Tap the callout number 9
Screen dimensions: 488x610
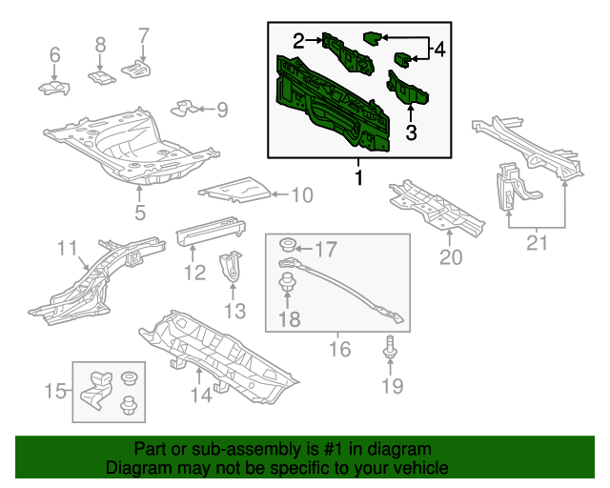pyautogui.click(x=222, y=110)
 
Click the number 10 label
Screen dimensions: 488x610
pyautogui.click(x=300, y=196)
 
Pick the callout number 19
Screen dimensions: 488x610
pyautogui.click(x=392, y=385)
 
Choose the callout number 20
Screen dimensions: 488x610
pyautogui.click(x=450, y=257)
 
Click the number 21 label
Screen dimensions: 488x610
pyautogui.click(x=538, y=245)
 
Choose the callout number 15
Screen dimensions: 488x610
pyautogui.click(x=56, y=390)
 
